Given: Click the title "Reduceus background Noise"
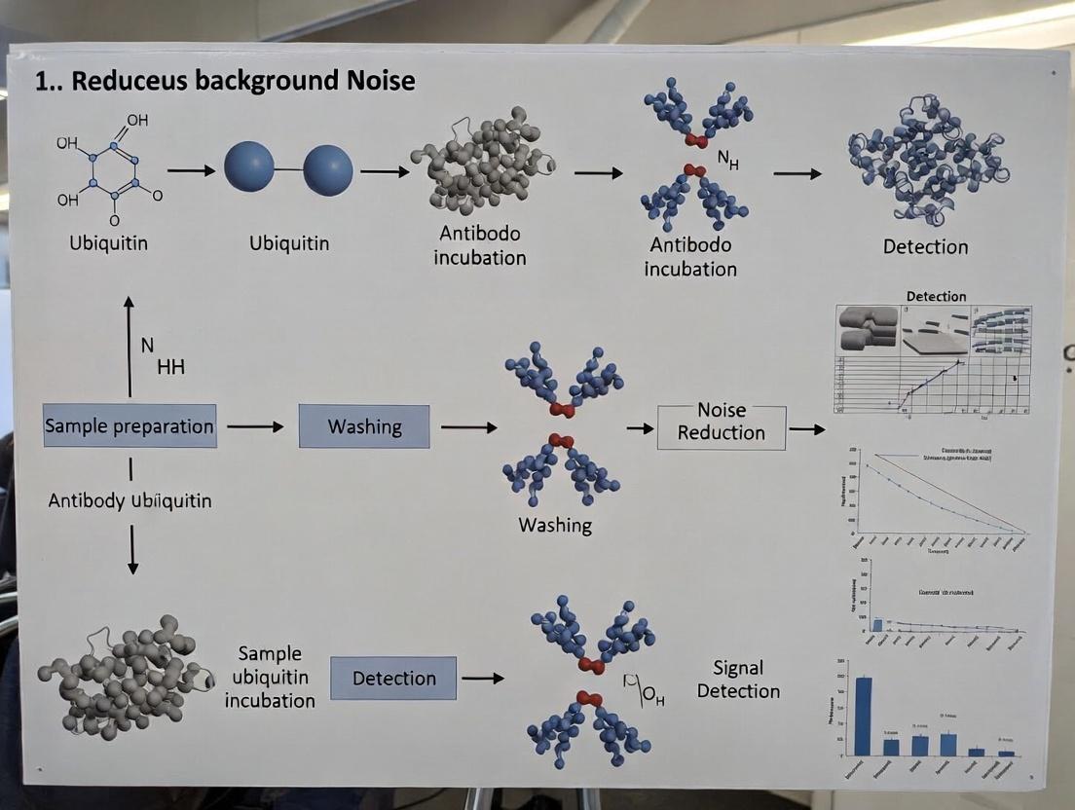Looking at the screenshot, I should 225,81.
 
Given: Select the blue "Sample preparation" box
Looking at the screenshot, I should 130,425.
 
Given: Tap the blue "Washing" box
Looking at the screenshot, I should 364,426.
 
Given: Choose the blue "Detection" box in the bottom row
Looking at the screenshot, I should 393,678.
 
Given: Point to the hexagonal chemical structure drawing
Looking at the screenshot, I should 113,171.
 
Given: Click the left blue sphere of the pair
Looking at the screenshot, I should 249,167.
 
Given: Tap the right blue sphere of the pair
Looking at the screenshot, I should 328,170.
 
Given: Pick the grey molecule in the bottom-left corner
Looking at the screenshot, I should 124,677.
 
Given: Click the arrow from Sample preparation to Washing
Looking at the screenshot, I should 255,426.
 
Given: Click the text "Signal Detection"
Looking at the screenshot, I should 738,680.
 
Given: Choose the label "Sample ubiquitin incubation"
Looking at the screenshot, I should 270,677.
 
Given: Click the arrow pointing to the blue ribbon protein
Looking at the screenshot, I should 797,173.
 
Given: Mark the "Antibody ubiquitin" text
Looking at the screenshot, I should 130,500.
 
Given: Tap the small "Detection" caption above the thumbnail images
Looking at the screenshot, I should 936,296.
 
